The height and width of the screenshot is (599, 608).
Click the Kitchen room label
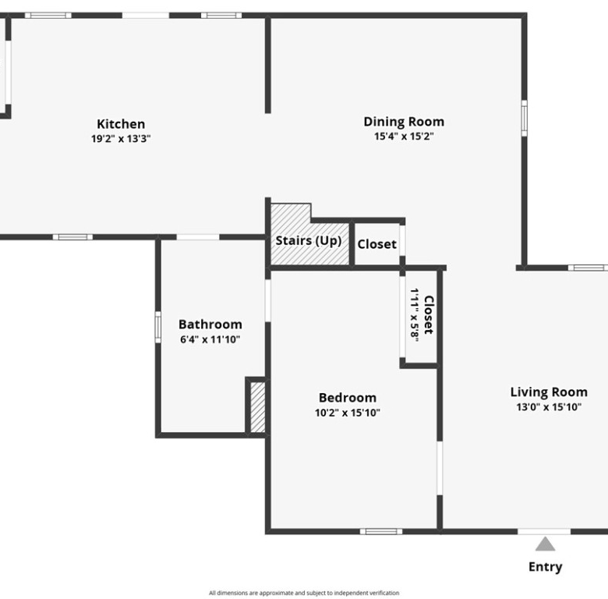coord(121,124)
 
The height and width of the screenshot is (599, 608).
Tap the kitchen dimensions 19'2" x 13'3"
coord(121,139)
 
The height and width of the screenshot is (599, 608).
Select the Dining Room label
coord(404,122)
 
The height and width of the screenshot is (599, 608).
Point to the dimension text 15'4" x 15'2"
coord(404,136)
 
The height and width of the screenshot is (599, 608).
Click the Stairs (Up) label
coord(308,241)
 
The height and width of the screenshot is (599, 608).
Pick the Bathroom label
coord(210,324)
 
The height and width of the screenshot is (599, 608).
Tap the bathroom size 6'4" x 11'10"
coord(210,339)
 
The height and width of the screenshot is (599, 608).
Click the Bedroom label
coord(348,398)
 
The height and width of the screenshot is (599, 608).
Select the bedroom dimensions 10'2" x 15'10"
coord(348,413)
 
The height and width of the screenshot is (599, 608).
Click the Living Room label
coord(549,392)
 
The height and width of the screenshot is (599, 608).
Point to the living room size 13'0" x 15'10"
coord(549,406)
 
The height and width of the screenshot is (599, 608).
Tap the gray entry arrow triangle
coord(545,544)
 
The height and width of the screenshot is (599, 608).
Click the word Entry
coord(545,567)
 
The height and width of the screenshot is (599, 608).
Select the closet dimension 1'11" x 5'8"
coord(415,315)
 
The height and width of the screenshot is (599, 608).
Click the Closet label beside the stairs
coord(377,244)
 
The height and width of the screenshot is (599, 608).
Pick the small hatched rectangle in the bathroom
coord(257,407)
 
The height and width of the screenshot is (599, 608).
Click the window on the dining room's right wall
coord(524,119)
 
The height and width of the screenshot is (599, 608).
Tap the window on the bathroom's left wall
coord(157,327)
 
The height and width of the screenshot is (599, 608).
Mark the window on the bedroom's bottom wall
coord(381,531)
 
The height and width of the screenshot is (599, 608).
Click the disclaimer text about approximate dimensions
coord(304,593)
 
